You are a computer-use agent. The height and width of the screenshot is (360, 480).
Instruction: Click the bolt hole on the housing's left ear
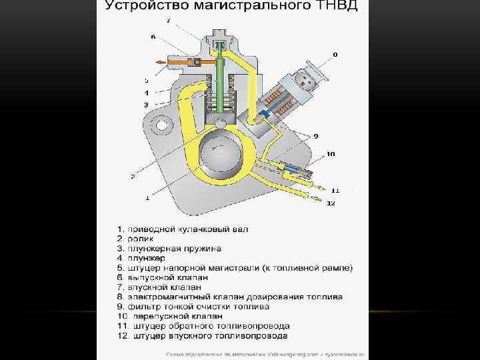(159, 125)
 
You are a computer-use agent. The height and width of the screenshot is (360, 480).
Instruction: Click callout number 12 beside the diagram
(331, 203)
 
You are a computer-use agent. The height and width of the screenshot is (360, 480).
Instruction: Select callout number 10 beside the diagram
(330, 154)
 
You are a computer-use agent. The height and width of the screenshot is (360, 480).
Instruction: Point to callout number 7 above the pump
(168, 21)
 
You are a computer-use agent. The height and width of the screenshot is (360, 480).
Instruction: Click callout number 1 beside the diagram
(147, 197)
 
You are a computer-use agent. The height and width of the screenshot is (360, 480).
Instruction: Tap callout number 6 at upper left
(153, 37)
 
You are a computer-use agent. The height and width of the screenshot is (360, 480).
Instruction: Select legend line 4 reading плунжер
(141, 257)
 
